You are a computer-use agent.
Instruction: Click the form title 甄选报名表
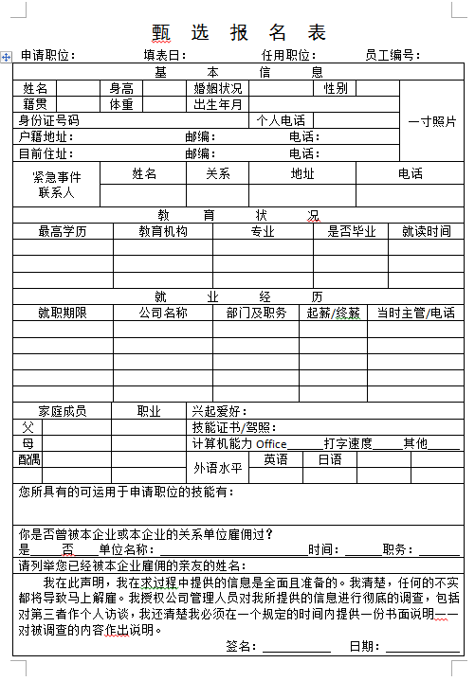coord(239,32)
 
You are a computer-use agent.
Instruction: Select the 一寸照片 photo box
coord(431,121)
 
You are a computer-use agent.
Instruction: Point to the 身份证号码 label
coord(48,120)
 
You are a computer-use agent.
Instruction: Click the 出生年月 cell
coord(218,104)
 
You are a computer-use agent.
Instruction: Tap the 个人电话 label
coord(281,120)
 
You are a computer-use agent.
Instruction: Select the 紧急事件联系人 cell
coord(57,185)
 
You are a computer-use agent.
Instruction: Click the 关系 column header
coord(218,174)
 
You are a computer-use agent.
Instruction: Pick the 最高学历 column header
coord(63,231)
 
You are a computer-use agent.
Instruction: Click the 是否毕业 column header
coord(351,231)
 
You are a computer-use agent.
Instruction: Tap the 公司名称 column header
coord(163,313)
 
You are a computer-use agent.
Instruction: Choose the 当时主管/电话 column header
coord(415,313)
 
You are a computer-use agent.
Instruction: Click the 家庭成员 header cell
coord(63,411)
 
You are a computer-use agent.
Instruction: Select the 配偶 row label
coord(29,458)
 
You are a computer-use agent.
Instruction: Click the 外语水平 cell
coord(219,467)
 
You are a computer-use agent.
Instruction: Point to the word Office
coord(271,443)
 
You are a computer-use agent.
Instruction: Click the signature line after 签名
coord(296,647)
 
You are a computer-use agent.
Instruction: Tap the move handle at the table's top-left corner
coord(7,58)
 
